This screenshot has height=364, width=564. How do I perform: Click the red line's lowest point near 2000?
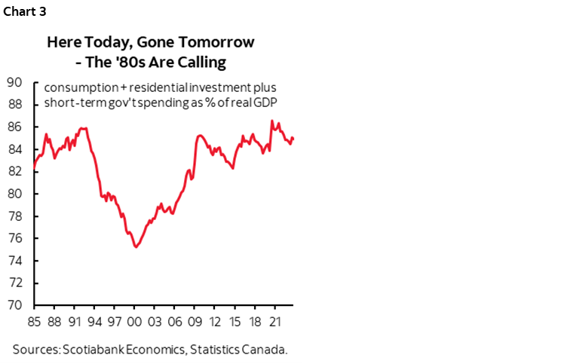coord(136,247)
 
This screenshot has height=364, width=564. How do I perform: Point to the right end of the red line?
coord(293,139)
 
